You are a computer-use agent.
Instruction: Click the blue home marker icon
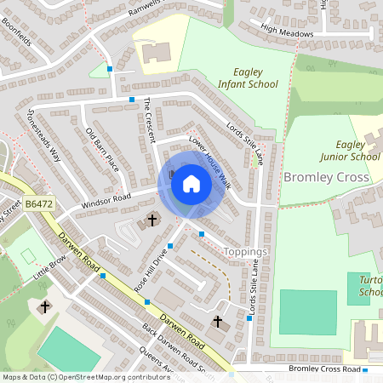tap(191, 184)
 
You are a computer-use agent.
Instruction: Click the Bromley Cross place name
tap(326, 177)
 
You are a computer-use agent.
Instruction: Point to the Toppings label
tap(246, 252)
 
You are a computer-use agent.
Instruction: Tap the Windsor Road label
tap(106, 202)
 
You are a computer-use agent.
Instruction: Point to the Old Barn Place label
tap(102, 149)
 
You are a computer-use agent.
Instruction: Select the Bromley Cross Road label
tap(324, 369)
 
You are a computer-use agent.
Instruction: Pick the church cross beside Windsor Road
tap(153, 220)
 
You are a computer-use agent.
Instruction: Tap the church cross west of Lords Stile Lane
tap(218, 322)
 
